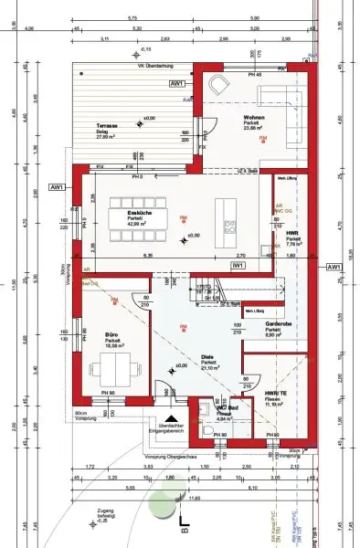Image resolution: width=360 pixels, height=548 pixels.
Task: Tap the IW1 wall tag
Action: point(236,265)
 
